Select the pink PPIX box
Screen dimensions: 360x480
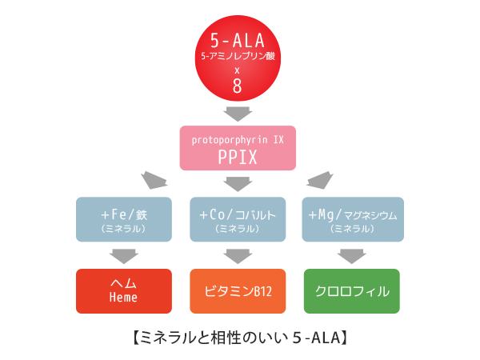click(237, 148)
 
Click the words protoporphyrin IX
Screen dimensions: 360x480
click(237, 139)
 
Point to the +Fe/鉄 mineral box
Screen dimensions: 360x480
click(123, 219)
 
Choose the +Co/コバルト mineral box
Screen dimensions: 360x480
click(237, 219)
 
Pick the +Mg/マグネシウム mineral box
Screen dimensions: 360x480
click(352, 219)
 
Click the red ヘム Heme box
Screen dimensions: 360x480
click(123, 290)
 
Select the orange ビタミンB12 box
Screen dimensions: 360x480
click(237, 290)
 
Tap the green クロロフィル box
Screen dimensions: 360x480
click(352, 290)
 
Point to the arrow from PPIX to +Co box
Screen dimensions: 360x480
click(237, 184)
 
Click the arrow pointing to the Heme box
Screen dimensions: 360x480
click(123, 256)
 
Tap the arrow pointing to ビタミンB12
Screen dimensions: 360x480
click(237, 256)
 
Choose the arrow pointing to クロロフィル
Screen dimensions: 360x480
click(352, 256)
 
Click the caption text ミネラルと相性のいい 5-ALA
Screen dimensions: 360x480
click(238, 338)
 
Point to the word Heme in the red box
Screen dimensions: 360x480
click(123, 298)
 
